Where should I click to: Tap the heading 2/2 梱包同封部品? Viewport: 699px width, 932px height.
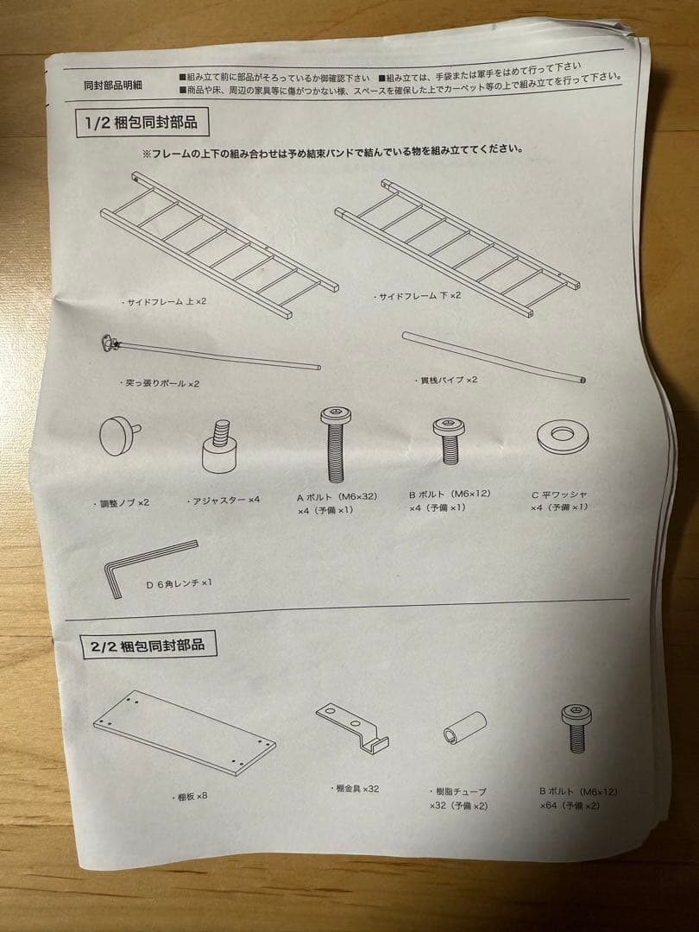pos(148,645)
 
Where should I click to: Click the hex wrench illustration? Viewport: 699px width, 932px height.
pos(147,562)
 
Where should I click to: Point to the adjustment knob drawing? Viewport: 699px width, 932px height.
pos(119,434)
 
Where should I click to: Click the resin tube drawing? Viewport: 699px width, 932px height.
pos(464,728)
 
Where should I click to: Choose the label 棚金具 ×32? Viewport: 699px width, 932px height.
pos(356,789)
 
